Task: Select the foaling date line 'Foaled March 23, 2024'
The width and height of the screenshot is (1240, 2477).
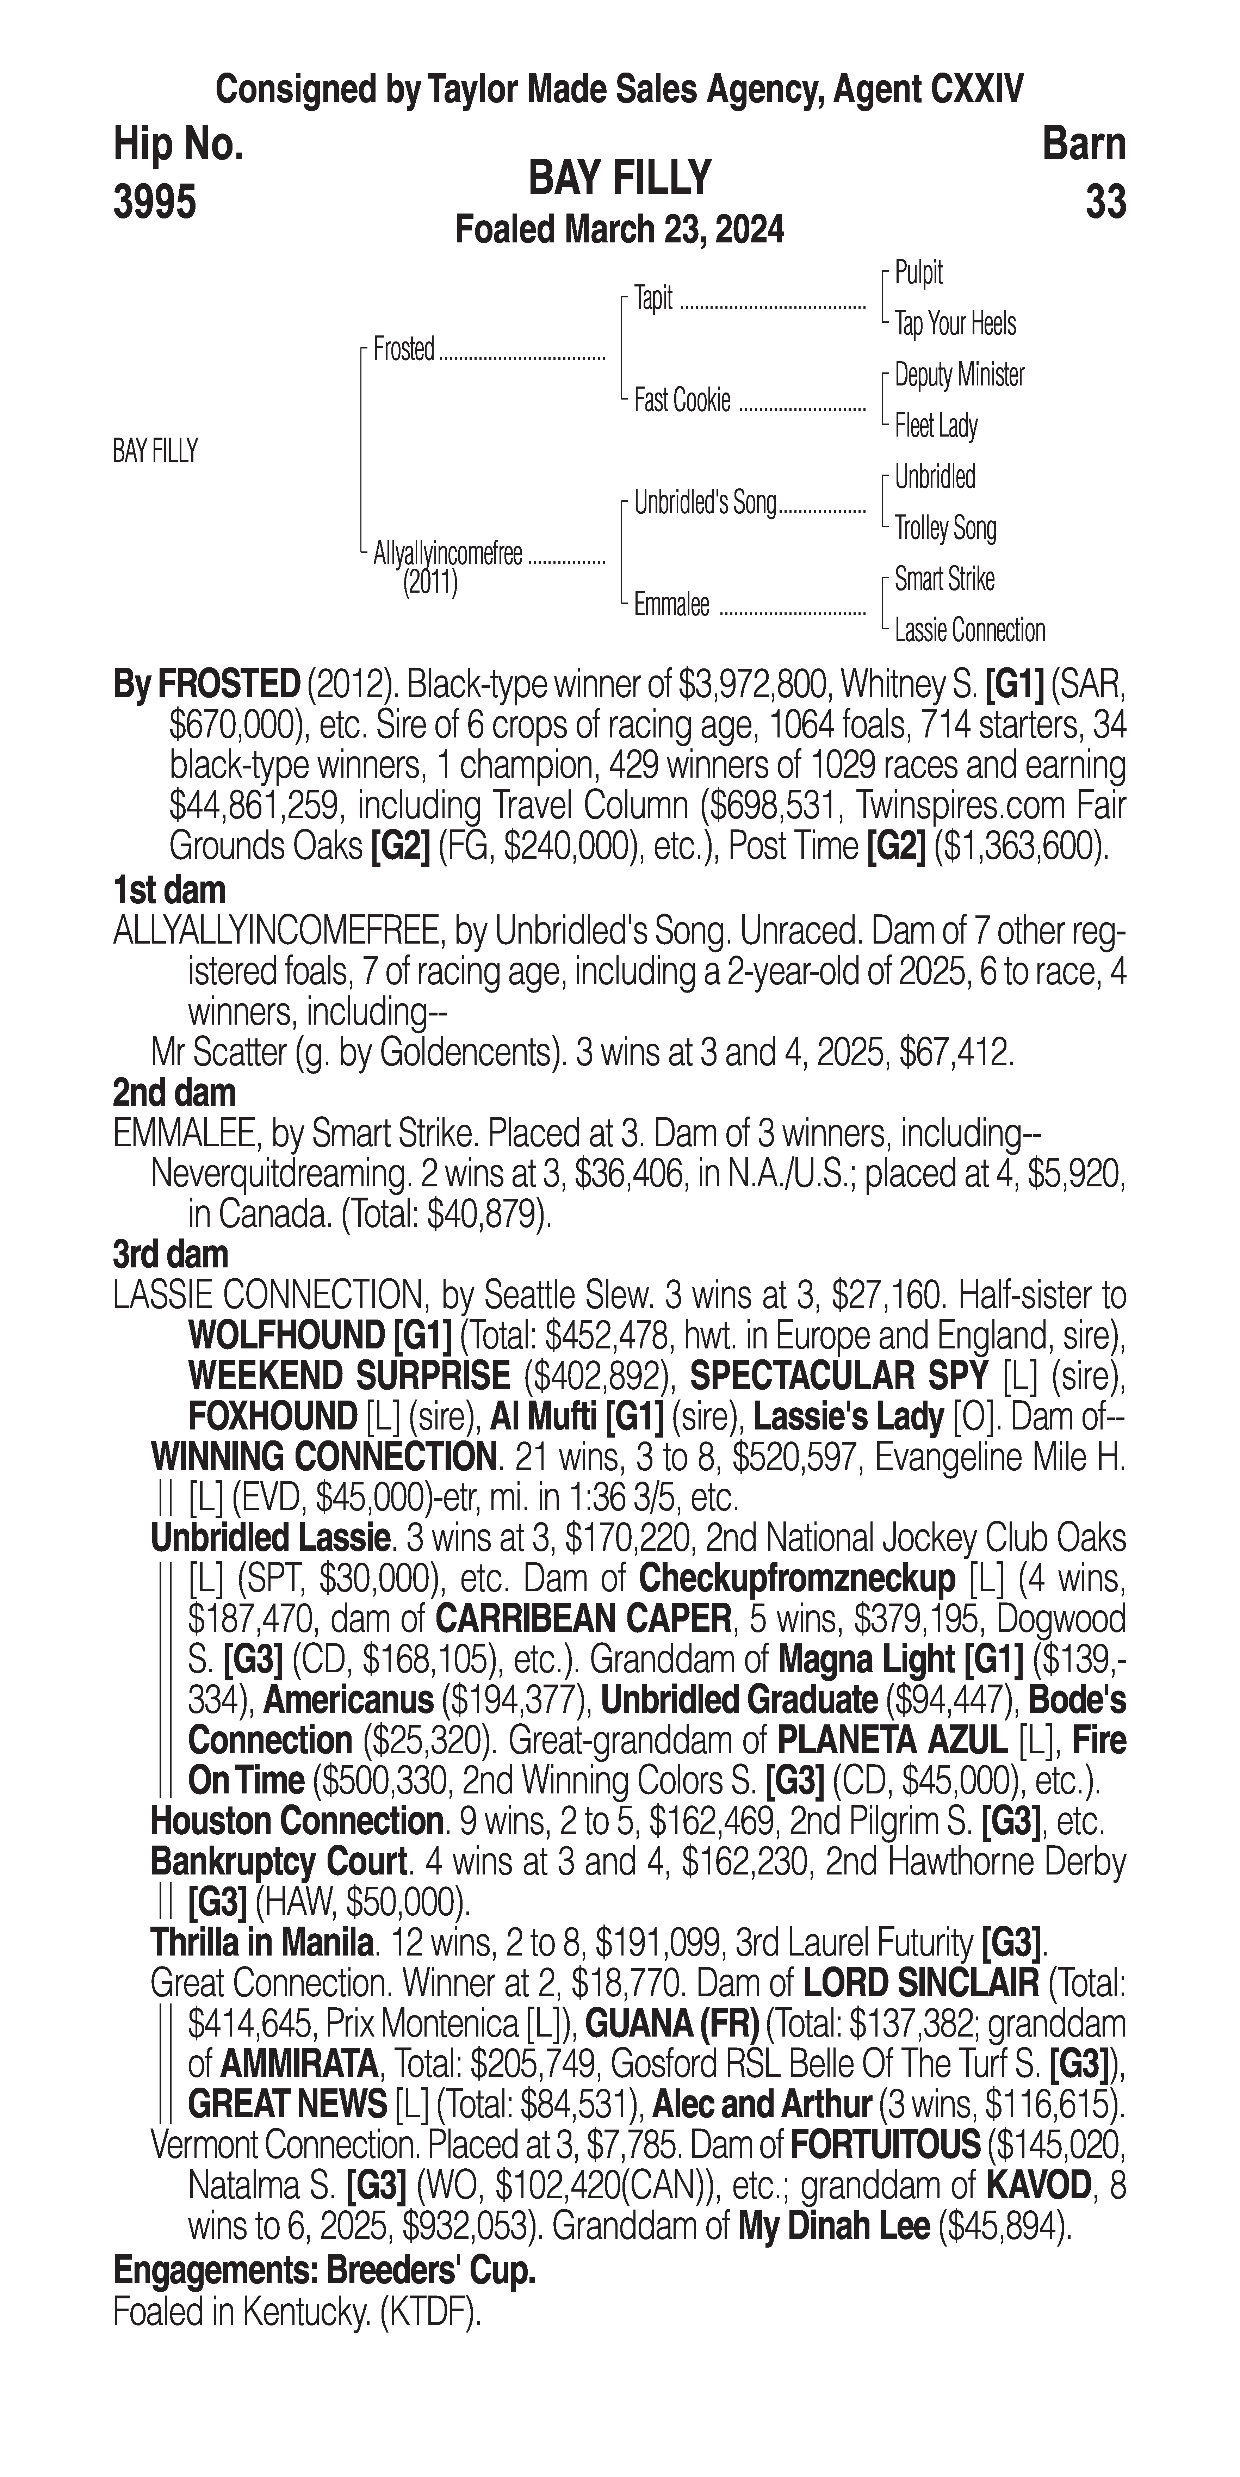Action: click(619, 230)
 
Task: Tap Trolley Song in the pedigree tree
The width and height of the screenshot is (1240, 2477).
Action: click(945, 528)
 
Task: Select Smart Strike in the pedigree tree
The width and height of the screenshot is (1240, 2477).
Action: click(944, 579)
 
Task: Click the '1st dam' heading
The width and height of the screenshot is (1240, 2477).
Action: click(169, 890)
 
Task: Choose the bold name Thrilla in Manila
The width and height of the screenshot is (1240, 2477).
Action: click(261, 1943)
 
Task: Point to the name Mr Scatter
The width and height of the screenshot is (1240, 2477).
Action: click(211, 1053)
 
